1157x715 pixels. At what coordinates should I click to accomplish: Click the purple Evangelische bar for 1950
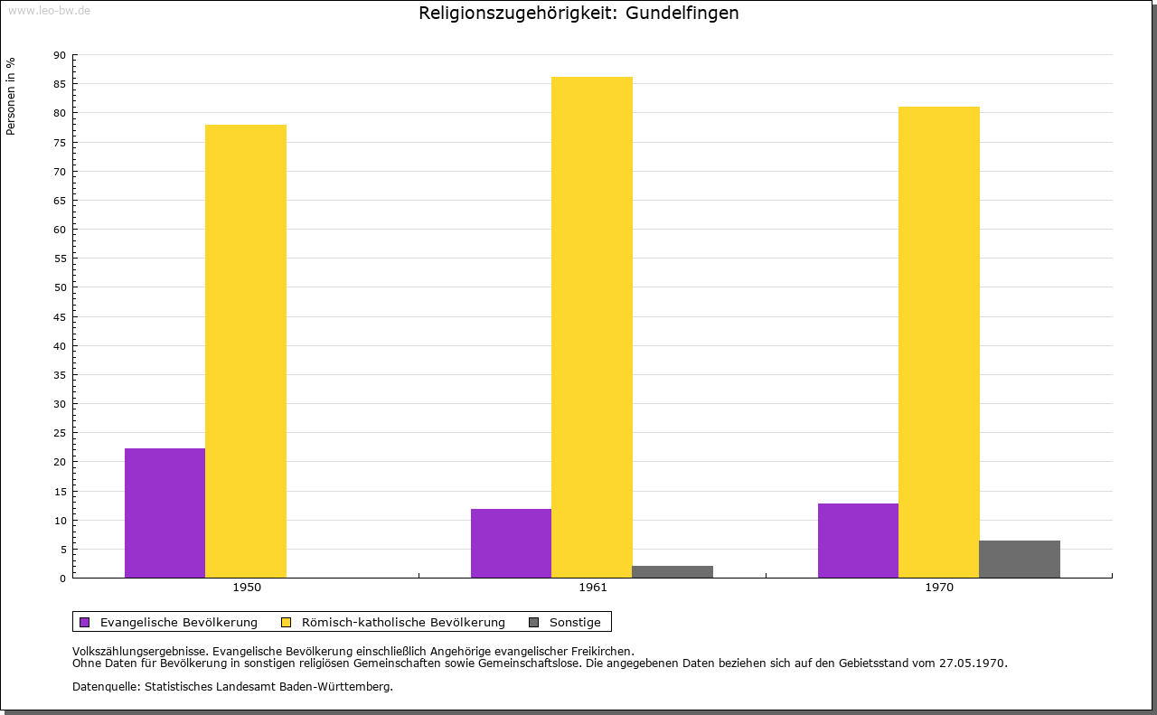click(x=165, y=513)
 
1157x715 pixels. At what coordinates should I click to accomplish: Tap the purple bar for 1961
click(x=511, y=543)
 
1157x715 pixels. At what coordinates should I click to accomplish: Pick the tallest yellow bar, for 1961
click(x=592, y=327)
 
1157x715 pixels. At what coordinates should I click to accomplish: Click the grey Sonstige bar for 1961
click(x=673, y=571)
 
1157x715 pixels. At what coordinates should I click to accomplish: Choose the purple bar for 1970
click(x=858, y=541)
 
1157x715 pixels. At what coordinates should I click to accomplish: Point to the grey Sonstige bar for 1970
click(x=1020, y=559)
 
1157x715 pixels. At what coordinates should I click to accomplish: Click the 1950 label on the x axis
click(x=247, y=588)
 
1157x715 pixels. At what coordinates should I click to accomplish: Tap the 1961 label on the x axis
click(x=593, y=588)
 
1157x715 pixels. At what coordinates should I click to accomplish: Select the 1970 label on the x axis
click(x=939, y=588)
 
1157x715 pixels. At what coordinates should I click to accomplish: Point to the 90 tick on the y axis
click(x=60, y=55)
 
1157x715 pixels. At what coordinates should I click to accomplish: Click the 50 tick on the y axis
click(x=60, y=287)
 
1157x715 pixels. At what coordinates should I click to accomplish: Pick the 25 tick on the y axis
click(x=60, y=433)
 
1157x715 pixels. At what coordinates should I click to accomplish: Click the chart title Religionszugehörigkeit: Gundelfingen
click(x=578, y=14)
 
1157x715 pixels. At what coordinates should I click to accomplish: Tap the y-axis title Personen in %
click(x=11, y=96)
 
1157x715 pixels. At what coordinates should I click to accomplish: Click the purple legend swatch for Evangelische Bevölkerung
click(x=85, y=622)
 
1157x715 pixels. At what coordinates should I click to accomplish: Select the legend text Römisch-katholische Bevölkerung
click(x=403, y=622)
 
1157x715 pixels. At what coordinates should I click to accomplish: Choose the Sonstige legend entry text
click(x=575, y=622)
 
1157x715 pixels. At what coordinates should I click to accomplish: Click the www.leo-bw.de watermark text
click(x=49, y=10)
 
